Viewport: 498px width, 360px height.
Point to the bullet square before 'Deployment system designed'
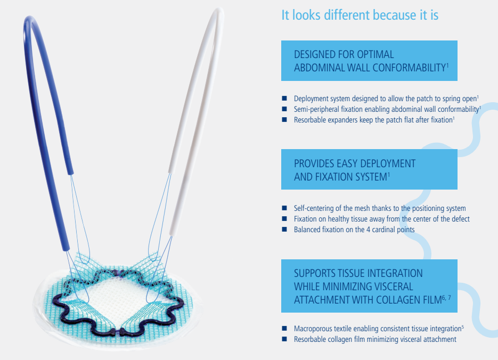pos(284,99)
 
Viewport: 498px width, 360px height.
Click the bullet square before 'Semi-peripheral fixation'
pos(284,109)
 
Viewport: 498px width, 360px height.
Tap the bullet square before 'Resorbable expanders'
pos(284,120)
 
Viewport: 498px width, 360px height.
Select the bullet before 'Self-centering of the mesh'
pos(284,208)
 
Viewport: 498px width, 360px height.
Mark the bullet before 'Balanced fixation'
pos(284,229)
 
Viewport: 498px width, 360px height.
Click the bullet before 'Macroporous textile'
pos(284,328)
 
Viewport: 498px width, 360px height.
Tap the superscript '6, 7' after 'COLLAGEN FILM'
pos(446,298)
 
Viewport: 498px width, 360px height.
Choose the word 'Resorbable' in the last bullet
pos(308,339)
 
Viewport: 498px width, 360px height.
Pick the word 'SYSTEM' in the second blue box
pos(371,177)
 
